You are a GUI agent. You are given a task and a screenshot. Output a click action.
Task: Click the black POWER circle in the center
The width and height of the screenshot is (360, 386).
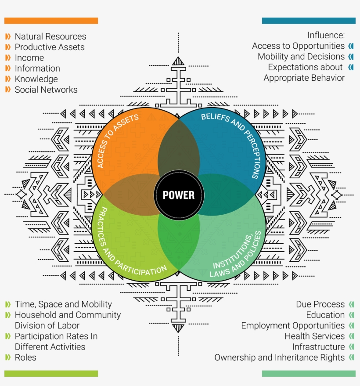179,195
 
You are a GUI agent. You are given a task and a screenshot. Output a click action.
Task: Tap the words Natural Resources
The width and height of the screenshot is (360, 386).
50,36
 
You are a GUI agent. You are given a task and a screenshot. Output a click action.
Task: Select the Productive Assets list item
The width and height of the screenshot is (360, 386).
49,47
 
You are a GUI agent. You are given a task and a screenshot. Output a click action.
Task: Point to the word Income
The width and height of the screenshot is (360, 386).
29,58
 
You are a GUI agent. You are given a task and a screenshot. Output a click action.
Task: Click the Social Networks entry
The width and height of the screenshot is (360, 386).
46,90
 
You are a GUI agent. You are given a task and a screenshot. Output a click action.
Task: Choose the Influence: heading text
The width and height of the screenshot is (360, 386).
326,35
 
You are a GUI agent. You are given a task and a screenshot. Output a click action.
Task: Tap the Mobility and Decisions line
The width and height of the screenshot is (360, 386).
301,56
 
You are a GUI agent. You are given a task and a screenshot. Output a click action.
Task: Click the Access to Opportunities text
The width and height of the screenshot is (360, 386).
298,46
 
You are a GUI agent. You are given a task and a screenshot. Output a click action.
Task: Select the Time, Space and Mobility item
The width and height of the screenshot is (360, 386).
63,304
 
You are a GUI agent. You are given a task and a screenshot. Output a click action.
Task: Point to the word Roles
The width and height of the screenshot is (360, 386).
25,357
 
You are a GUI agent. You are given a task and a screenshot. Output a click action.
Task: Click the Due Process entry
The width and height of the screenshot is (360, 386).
320,304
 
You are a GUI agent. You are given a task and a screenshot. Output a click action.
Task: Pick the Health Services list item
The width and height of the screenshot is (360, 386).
314,336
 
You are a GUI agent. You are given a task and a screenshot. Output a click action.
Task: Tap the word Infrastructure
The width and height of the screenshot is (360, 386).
318,346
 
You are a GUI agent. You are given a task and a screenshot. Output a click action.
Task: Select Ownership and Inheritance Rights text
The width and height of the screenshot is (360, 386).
279,357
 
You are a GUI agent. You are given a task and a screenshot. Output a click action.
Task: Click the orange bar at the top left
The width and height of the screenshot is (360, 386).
51,21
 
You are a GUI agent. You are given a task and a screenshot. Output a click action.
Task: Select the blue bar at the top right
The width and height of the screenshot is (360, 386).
309,21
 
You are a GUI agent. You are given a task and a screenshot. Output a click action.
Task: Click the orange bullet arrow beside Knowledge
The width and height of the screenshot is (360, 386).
8,79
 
